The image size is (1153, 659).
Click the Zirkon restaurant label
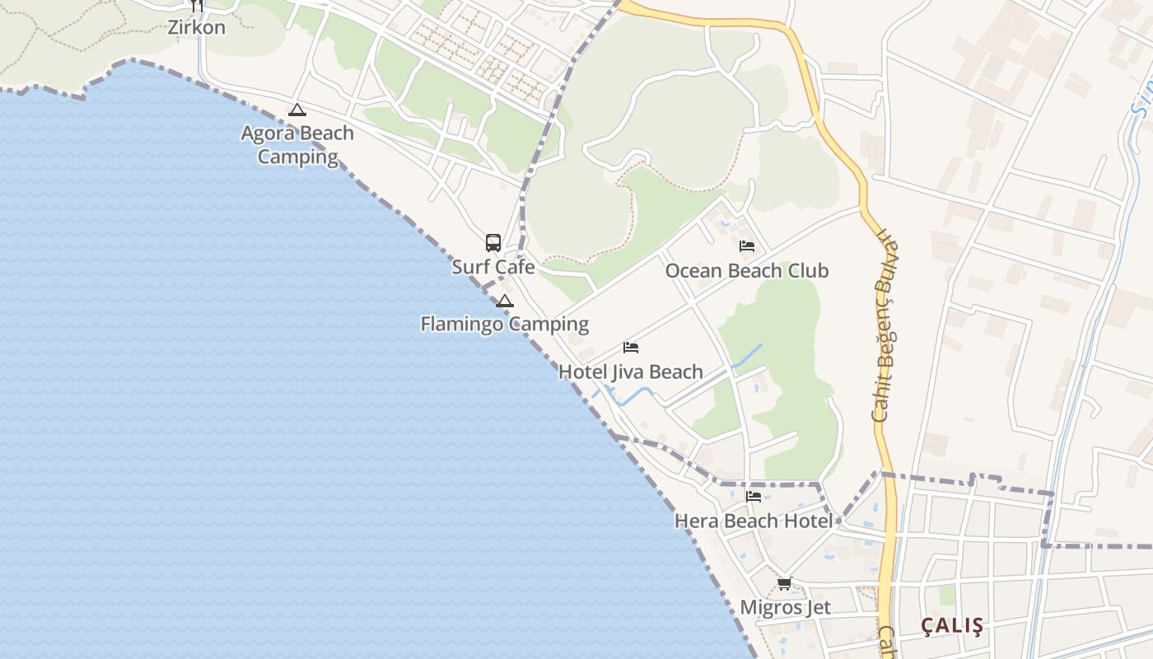pos(196,27)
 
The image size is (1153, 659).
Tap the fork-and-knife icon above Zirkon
pos(196,5)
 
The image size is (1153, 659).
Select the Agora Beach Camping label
pos(297,145)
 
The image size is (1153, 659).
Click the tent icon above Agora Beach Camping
pos(297,110)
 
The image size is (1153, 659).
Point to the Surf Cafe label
pos(493,267)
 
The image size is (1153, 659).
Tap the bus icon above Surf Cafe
pos(493,243)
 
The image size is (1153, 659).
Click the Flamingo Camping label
pos(504,324)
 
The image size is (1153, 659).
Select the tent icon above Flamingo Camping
pos(505,301)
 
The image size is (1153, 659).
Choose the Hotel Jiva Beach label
pos(631,372)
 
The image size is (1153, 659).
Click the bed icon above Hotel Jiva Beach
pos(631,348)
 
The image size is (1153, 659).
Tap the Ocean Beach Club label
pos(747,270)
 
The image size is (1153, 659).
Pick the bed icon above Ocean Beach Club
pos(747,246)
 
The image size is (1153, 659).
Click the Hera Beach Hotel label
pos(754,521)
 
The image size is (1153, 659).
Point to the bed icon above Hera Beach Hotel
pos(754,497)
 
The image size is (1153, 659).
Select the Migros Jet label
pos(785,607)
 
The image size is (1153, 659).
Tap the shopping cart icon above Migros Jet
pos(785,584)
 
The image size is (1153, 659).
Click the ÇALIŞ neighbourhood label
pos(952,625)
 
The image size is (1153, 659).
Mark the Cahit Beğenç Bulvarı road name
pos(885,326)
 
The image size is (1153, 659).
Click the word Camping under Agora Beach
pos(297,157)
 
